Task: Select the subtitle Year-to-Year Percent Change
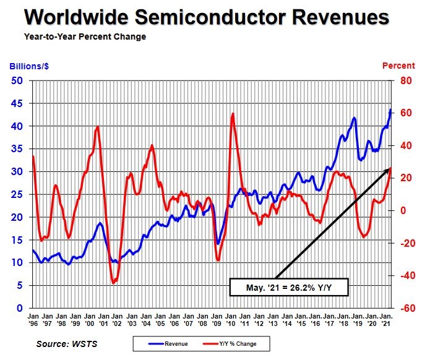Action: [x=85, y=37]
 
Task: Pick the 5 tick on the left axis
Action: [x=20, y=285]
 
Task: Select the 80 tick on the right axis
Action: [x=406, y=80]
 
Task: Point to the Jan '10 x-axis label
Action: [x=233, y=319]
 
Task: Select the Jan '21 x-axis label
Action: [x=385, y=319]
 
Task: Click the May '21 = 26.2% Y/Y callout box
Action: [x=289, y=287]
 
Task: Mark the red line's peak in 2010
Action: [x=233, y=114]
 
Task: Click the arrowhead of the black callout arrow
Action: [x=389, y=169]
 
